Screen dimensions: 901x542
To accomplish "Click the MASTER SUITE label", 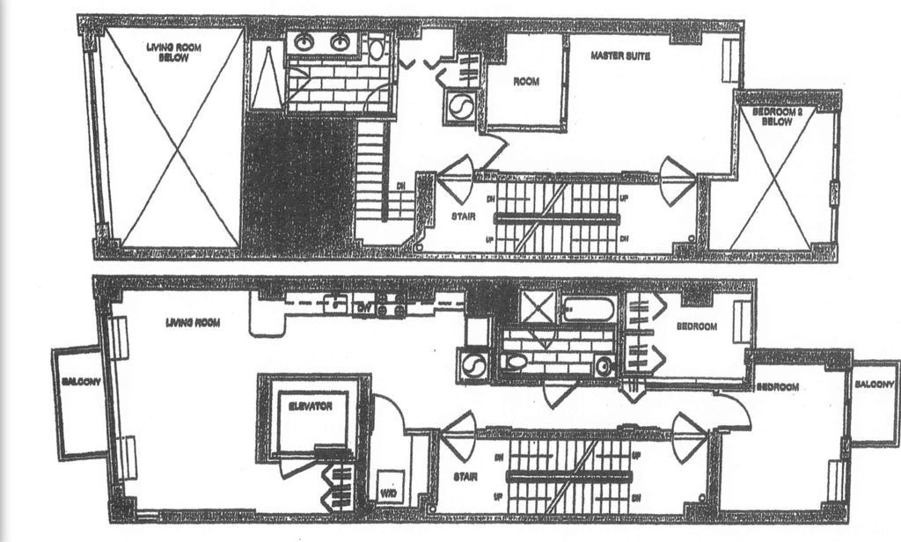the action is coord(620,56).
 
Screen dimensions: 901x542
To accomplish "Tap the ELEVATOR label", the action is coord(310,407).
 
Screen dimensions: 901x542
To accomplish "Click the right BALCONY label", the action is coord(875,385).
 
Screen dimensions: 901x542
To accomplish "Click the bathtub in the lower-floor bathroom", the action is coord(589,309).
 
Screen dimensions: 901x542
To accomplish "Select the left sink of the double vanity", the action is coord(306,41).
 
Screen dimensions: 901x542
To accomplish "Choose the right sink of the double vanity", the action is coord(340,41).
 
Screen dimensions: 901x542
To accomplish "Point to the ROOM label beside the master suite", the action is coord(525,82).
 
